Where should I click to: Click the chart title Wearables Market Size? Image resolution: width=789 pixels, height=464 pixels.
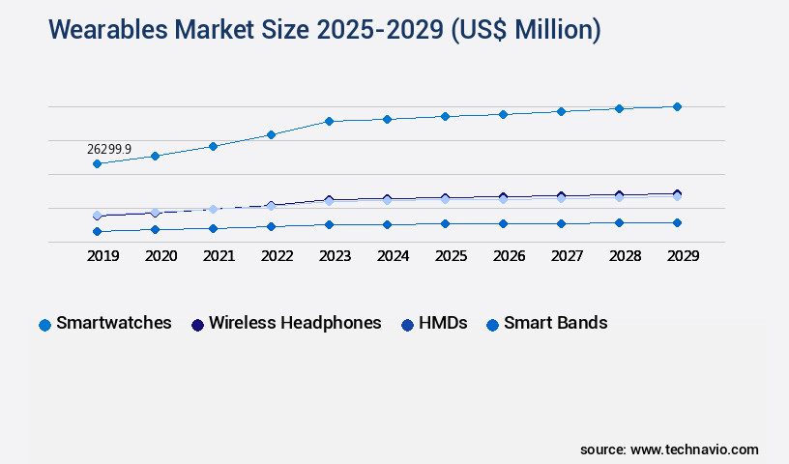324,31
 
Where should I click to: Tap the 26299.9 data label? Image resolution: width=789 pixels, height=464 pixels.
109,150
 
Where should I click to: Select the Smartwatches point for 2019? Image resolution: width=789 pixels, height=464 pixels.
97,164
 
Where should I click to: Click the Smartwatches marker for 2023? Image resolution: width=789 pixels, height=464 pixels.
329,121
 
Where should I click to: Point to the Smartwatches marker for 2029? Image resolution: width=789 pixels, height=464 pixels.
677,106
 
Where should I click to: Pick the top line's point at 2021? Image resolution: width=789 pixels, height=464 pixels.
213,146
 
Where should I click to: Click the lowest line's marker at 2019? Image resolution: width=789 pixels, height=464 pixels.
97,232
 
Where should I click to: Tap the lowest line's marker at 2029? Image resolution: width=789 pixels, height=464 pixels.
677,222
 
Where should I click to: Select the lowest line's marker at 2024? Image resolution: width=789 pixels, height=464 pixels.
387,224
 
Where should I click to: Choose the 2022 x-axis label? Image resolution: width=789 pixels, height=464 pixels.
278,256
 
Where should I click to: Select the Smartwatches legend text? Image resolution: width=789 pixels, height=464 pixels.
114,323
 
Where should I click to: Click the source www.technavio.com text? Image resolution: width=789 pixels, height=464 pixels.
669,449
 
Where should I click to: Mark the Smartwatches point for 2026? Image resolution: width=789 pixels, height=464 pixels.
503,114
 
